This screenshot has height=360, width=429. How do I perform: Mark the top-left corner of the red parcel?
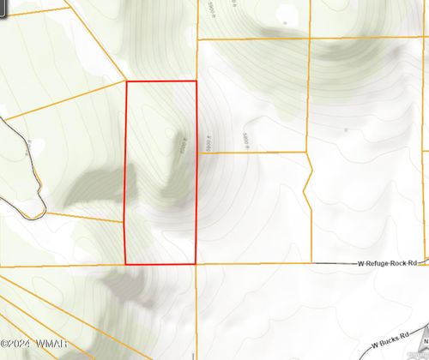[127, 81]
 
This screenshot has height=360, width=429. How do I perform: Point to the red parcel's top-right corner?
[196, 81]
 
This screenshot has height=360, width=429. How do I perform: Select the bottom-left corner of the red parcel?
[127, 264]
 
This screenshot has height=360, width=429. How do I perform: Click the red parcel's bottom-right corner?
[196, 264]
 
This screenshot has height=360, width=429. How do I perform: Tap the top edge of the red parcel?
[161, 81]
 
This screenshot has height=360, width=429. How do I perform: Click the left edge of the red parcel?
[127, 171]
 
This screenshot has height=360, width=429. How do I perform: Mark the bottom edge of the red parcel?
[161, 264]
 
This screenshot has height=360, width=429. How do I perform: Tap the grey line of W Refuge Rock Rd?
[283, 264]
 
